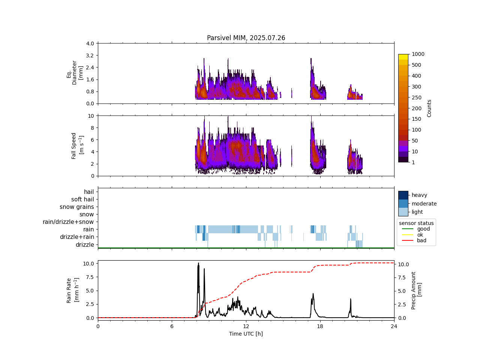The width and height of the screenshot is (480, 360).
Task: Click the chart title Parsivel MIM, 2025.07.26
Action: point(246,38)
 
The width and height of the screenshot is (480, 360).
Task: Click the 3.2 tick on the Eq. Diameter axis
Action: point(90,55)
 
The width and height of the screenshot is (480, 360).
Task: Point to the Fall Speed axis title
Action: point(77,146)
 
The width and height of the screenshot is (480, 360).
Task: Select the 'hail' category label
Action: point(89,192)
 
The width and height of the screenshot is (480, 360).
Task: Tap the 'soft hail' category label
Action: point(82,199)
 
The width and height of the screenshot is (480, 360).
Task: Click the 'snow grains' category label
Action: point(77,207)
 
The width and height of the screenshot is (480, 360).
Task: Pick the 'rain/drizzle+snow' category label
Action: point(68,222)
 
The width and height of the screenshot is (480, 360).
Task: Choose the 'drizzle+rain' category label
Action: point(77,237)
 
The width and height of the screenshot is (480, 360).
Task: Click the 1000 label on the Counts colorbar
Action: point(418,54)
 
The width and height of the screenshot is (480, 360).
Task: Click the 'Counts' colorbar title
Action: point(429,108)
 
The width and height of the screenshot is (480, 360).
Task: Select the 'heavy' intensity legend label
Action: point(419,195)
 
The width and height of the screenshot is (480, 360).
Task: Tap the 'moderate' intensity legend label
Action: point(424,204)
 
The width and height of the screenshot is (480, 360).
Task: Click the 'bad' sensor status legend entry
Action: point(421,240)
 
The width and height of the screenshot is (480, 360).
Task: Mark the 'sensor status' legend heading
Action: point(416,223)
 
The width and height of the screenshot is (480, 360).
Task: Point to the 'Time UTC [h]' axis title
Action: point(246,334)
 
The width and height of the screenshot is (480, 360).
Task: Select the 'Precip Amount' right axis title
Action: point(416,291)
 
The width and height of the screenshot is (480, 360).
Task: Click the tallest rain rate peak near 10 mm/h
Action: point(198,263)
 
